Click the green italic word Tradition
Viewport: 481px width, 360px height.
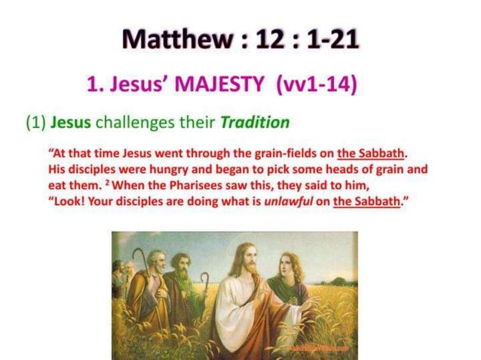pyautogui.click(x=252, y=121)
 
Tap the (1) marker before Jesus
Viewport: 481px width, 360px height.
pyautogui.click(x=35, y=121)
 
